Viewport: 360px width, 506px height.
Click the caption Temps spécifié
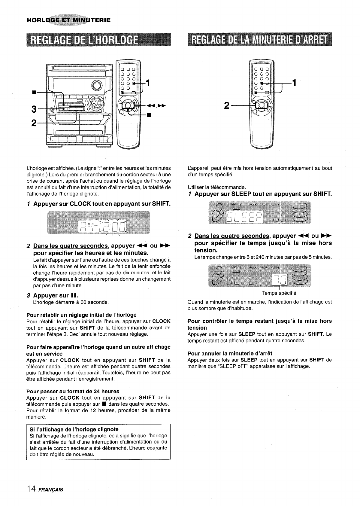coord(279,293)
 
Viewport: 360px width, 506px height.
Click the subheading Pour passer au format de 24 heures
coord(73,391)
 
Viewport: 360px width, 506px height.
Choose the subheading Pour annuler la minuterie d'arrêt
coord(230,353)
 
